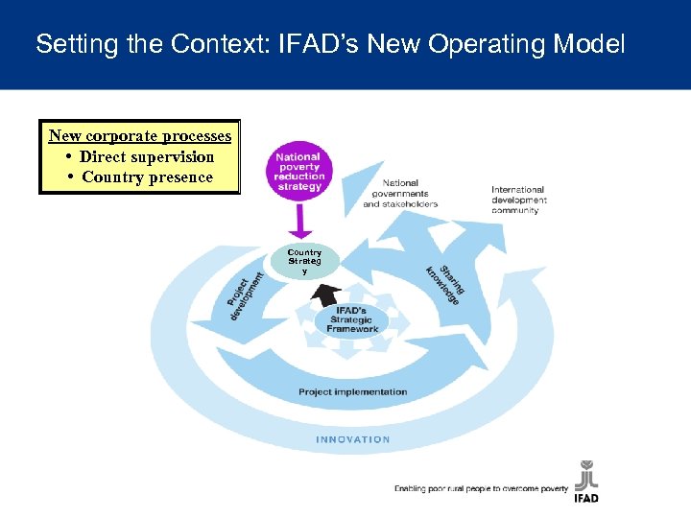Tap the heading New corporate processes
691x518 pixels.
click(140, 136)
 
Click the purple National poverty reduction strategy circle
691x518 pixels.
click(298, 171)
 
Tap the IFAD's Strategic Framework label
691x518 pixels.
click(352, 320)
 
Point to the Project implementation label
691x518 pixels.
click(352, 391)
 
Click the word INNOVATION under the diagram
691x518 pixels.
click(353, 439)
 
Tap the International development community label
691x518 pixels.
click(518, 200)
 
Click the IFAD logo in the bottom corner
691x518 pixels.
click(585, 482)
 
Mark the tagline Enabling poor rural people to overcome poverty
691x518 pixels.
click(481, 489)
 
